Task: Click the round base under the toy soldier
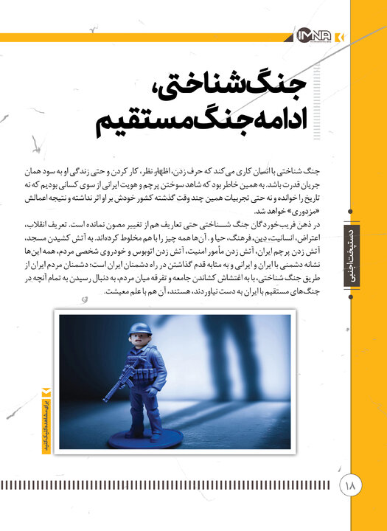coord(144,438)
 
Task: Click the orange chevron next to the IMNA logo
coord(338,35)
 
